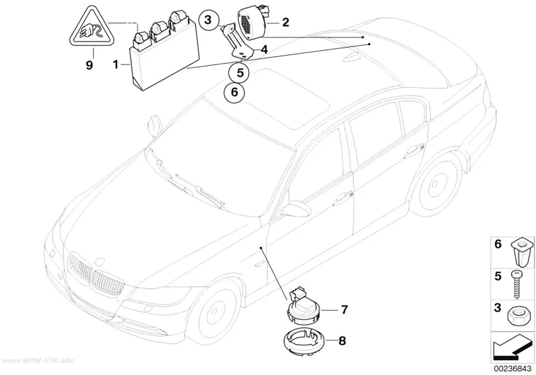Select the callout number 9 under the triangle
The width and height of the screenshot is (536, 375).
pyautogui.click(x=89, y=65)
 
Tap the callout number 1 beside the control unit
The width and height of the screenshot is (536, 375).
pyautogui.click(x=116, y=64)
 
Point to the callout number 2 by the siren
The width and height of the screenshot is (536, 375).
pyautogui.click(x=285, y=22)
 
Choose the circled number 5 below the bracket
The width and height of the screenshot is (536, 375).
pyautogui.click(x=240, y=73)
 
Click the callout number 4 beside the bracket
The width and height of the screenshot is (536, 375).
pyautogui.click(x=264, y=50)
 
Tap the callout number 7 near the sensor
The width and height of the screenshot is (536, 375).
pyautogui.click(x=344, y=309)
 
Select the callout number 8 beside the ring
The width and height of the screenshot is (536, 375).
pyautogui.click(x=342, y=340)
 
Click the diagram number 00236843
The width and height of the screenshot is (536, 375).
pyautogui.click(x=511, y=369)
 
